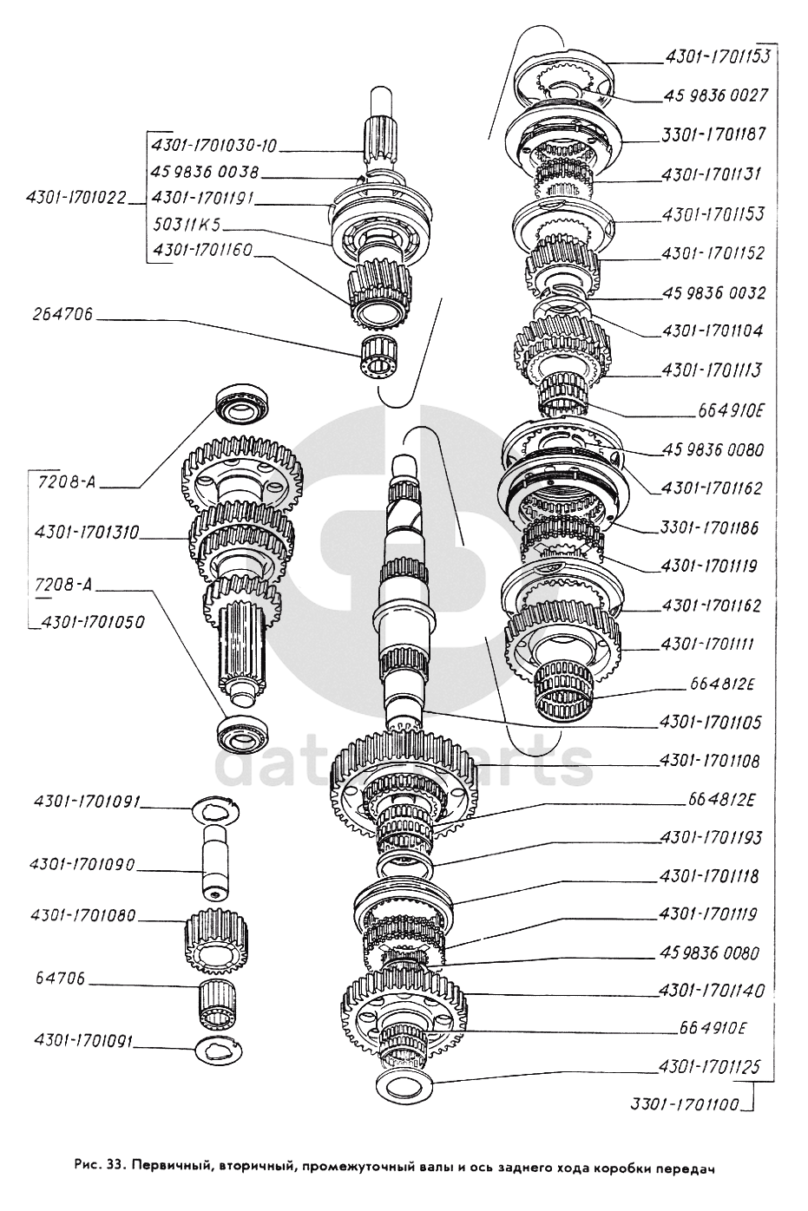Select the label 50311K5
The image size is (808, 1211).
186,226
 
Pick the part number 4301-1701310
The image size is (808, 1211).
87,531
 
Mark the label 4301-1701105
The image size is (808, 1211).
710,721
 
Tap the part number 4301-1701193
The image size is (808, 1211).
710,837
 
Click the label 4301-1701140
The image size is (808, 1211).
710,991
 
